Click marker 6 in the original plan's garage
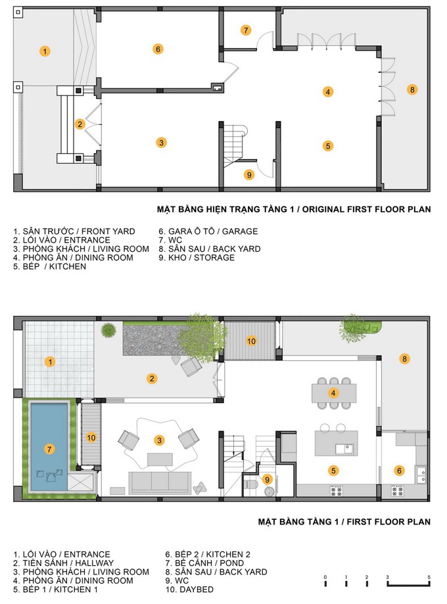pyautogui.click(x=158, y=49)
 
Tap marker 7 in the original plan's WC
pyautogui.click(x=246, y=30)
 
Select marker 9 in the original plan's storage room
pyautogui.click(x=249, y=175)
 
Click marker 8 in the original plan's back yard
pyautogui.click(x=412, y=90)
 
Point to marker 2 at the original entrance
pyautogui.click(x=80, y=124)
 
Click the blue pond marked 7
pyautogui.click(x=49, y=447)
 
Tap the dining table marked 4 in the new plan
pyautogui.click(x=334, y=393)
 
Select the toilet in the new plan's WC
pyautogui.click(x=251, y=484)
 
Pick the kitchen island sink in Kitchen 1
pyautogui.click(x=344, y=449)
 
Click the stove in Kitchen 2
pyautogui.click(x=397, y=491)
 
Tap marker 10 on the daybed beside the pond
pyautogui.click(x=91, y=438)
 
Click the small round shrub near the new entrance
pyautogui.click(x=108, y=330)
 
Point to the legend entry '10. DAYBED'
pyautogui.click(x=189, y=590)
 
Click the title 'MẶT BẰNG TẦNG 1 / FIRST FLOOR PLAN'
pyautogui.click(x=344, y=522)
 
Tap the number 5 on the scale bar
pyautogui.click(x=429, y=577)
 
